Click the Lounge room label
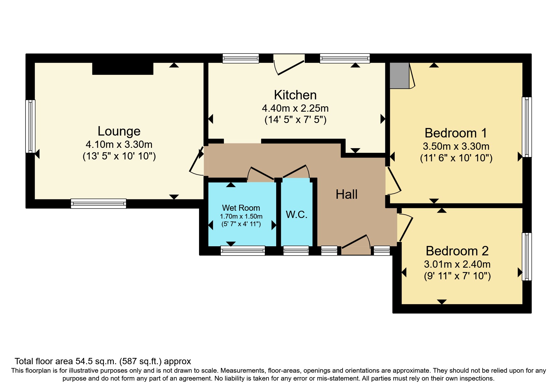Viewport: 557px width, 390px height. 119,131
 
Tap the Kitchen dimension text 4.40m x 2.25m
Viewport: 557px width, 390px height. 295,108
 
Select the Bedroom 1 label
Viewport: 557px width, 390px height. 456,133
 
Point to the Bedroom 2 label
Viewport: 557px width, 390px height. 457,251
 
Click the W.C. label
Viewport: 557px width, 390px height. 297,214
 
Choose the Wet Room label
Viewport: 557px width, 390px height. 241,208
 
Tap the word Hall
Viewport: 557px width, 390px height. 346,194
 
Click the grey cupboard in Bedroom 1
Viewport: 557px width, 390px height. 399,75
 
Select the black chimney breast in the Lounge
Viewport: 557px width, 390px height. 123,69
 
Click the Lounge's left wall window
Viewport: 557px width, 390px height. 30,126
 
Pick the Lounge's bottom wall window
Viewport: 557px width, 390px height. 98,203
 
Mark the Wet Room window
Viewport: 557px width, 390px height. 242,250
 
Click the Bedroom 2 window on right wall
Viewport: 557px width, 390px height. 527,256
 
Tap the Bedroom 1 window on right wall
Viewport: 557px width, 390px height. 527,127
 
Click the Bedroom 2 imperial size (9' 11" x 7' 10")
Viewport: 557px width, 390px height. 457,276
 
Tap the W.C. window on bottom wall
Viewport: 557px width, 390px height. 296,250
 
